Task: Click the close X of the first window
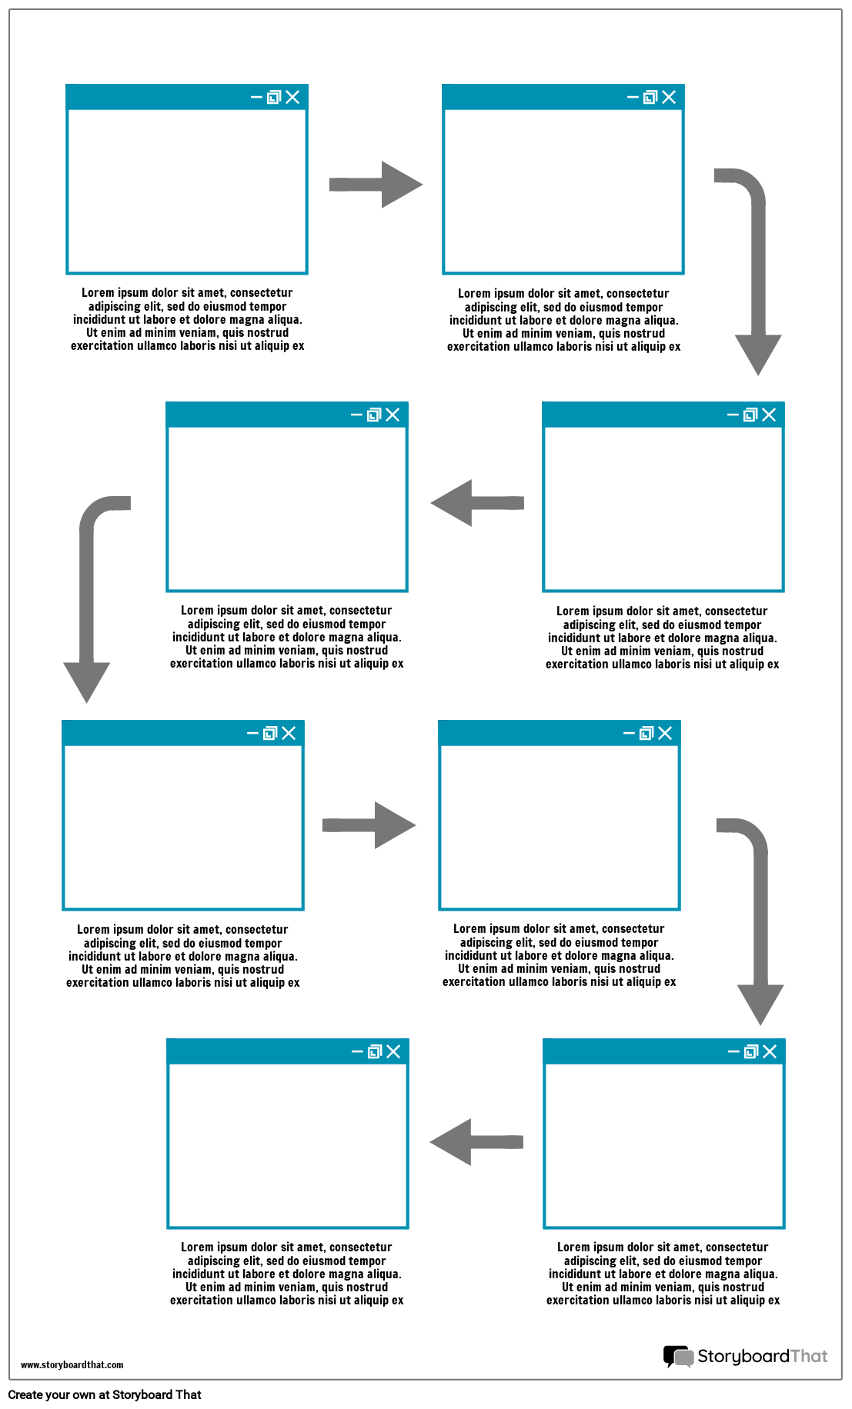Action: point(292,97)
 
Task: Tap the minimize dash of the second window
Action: point(633,97)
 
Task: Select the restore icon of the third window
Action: point(750,415)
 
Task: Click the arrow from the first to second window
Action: point(376,185)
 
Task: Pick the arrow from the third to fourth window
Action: point(477,503)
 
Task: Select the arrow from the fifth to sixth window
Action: point(369,825)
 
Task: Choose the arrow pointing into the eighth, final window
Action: point(476,1142)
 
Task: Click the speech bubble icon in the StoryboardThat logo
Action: point(678,1356)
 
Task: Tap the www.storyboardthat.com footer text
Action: point(72,1364)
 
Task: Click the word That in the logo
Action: point(809,1356)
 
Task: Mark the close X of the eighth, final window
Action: point(393,1051)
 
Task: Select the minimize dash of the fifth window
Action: point(252,734)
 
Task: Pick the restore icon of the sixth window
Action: point(647,734)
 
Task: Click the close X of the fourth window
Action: point(393,415)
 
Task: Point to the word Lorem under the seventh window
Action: point(573,1247)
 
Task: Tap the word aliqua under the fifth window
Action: point(279,957)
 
